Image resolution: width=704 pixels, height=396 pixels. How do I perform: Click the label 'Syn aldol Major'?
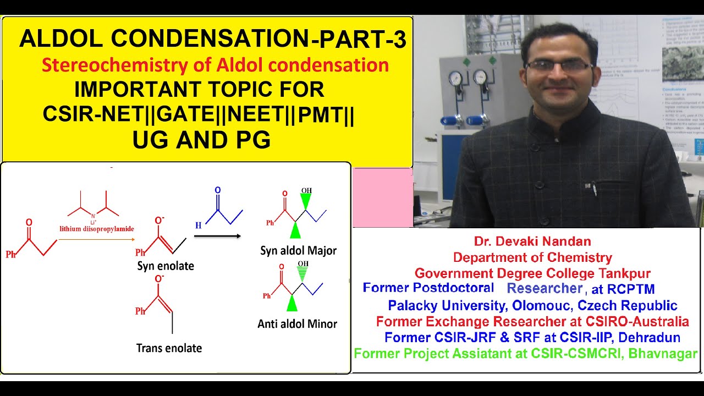(298, 251)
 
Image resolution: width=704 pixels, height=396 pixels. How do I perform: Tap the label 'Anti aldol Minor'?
(297, 324)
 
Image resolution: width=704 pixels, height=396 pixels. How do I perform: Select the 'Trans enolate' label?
(169, 348)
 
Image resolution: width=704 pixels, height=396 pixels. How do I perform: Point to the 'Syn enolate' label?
(166, 267)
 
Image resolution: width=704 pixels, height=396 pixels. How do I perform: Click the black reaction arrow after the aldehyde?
(217, 236)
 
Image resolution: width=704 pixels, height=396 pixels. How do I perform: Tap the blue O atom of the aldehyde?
(218, 191)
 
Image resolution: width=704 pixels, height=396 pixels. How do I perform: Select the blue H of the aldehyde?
(198, 224)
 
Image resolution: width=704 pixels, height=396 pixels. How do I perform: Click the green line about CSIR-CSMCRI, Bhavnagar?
(526, 354)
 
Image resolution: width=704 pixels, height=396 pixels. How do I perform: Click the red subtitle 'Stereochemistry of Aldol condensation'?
(215, 65)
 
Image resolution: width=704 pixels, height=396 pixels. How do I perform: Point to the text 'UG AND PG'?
(202, 140)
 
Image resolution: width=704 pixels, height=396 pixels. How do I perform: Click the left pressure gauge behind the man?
(455, 79)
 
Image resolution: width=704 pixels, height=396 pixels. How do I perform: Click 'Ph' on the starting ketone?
(11, 255)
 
